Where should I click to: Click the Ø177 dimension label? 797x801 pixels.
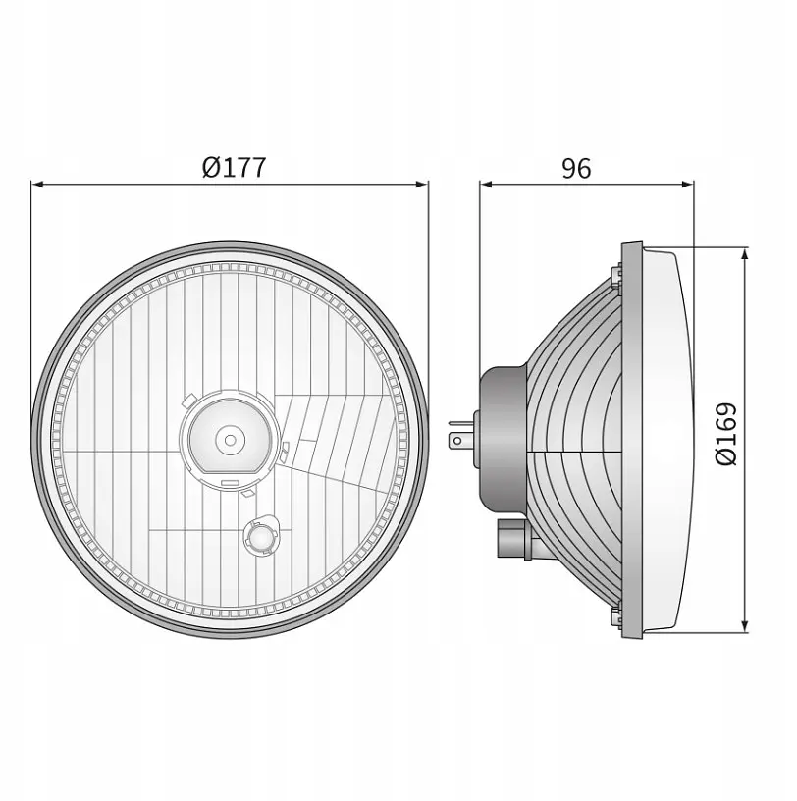tap(234, 167)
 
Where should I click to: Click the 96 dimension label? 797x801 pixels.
tap(576, 168)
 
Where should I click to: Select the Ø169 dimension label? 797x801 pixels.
tap(726, 434)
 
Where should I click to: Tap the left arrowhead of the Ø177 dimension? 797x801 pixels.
tap(37, 184)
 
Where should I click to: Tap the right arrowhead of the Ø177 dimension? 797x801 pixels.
tap(422, 184)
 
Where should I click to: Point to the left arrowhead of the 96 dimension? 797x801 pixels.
tap(486, 184)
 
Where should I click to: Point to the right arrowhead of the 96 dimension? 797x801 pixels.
tap(687, 184)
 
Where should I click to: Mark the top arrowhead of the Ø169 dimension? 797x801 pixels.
tap(744, 254)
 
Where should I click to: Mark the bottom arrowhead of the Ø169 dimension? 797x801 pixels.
tap(744, 626)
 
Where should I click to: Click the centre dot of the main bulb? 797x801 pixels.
tap(231, 440)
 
